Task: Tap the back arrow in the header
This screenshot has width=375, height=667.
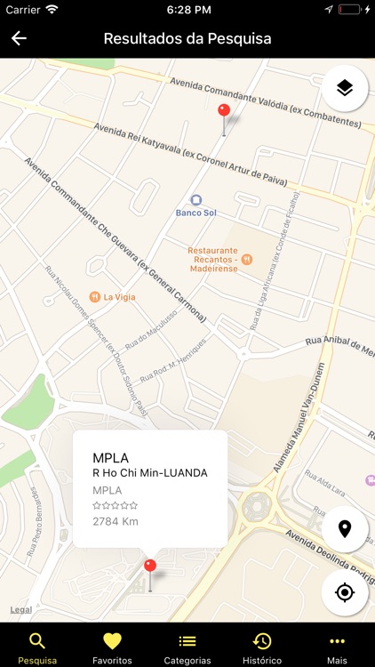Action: click(19, 38)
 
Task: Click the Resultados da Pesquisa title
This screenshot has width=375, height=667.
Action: click(187, 38)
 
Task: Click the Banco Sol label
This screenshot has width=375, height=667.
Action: click(196, 213)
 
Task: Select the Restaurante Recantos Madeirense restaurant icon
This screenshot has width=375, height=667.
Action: click(247, 259)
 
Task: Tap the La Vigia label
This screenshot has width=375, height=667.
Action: click(119, 297)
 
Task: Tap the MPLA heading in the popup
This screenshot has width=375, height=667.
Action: click(111, 458)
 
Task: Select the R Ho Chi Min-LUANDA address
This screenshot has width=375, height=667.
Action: click(149, 473)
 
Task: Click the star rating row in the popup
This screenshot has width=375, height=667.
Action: click(115, 505)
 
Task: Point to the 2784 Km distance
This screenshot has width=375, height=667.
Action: click(116, 521)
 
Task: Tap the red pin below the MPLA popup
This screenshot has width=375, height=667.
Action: click(150, 566)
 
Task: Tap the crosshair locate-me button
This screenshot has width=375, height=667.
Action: click(345, 591)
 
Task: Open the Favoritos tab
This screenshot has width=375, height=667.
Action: click(112, 647)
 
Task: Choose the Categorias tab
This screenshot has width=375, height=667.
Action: click(187, 647)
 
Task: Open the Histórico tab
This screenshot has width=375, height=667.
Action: click(262, 647)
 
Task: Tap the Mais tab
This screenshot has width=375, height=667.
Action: click(337, 647)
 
